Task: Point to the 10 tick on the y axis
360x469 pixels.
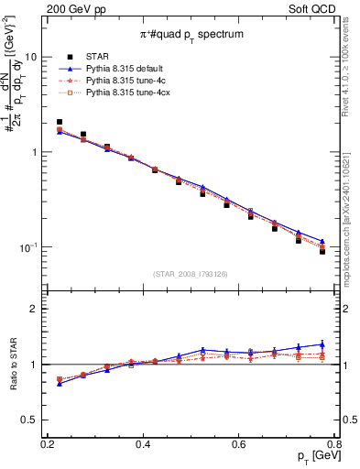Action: pos(32,57)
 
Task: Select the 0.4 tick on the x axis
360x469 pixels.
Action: pos(143,444)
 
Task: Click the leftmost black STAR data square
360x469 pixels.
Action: pos(60,122)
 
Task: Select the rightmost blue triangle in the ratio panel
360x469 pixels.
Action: pos(322,344)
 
